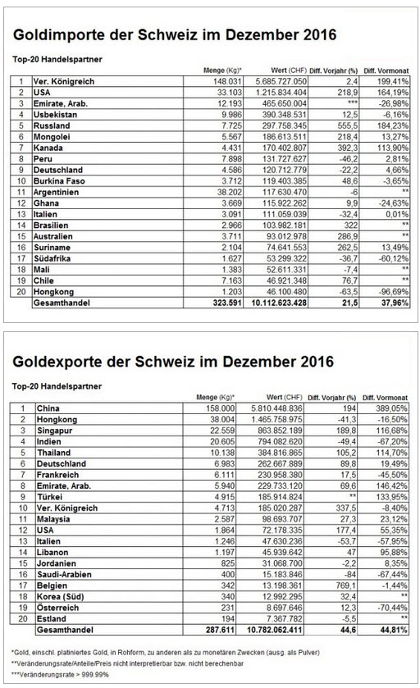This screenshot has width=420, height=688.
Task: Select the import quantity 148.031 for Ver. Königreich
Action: point(227,82)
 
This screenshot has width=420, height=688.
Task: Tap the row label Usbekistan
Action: point(55,115)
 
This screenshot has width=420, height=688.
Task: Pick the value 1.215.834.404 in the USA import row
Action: point(281,93)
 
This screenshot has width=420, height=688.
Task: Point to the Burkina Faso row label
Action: point(59,180)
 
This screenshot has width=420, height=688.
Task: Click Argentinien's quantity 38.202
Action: point(229,192)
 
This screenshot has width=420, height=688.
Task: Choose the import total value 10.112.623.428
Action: point(279,303)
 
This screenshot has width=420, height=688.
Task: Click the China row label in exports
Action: point(48,408)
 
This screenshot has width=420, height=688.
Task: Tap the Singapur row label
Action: point(54,431)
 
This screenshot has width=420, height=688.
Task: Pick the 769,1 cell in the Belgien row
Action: point(347,585)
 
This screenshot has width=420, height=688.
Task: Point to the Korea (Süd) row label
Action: point(60,596)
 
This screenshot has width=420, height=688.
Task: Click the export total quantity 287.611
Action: point(221,630)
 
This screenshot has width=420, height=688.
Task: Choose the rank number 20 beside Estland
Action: point(23,618)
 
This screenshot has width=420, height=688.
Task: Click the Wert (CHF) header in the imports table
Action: point(288,71)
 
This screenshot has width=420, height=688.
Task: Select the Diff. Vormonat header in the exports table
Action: point(385,398)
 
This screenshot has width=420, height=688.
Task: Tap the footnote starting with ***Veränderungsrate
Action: point(60,674)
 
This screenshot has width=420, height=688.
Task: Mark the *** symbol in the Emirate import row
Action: point(353,103)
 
